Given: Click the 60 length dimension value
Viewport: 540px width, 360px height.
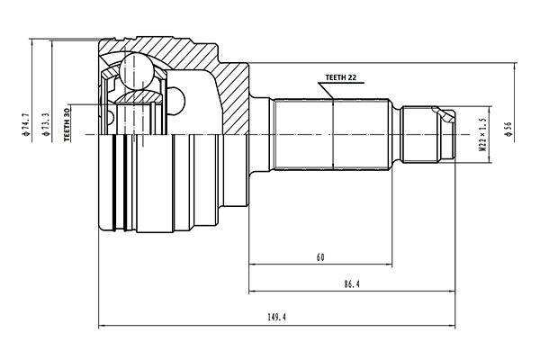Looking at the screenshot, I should pos(320,258).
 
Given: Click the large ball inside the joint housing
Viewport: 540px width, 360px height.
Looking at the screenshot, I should pos(136,70).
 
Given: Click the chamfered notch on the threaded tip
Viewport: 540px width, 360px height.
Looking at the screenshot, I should pos(442,113).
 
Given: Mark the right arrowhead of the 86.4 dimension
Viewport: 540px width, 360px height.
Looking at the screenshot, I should pos(453,292).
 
